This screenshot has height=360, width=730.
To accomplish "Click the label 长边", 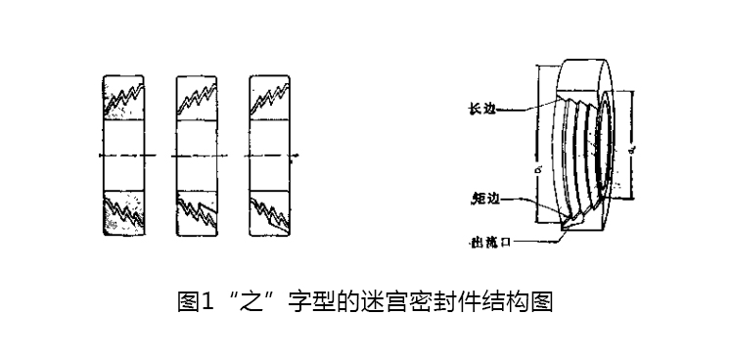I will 482,110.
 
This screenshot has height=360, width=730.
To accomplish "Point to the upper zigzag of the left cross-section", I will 124,97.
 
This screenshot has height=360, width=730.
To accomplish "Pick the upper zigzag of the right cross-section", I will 270,97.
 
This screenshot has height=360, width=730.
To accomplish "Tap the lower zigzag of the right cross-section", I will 271,209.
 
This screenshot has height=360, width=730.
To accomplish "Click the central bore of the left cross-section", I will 124,156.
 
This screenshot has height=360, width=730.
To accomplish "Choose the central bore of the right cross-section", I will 271,156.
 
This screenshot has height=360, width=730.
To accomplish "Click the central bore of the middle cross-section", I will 199,156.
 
